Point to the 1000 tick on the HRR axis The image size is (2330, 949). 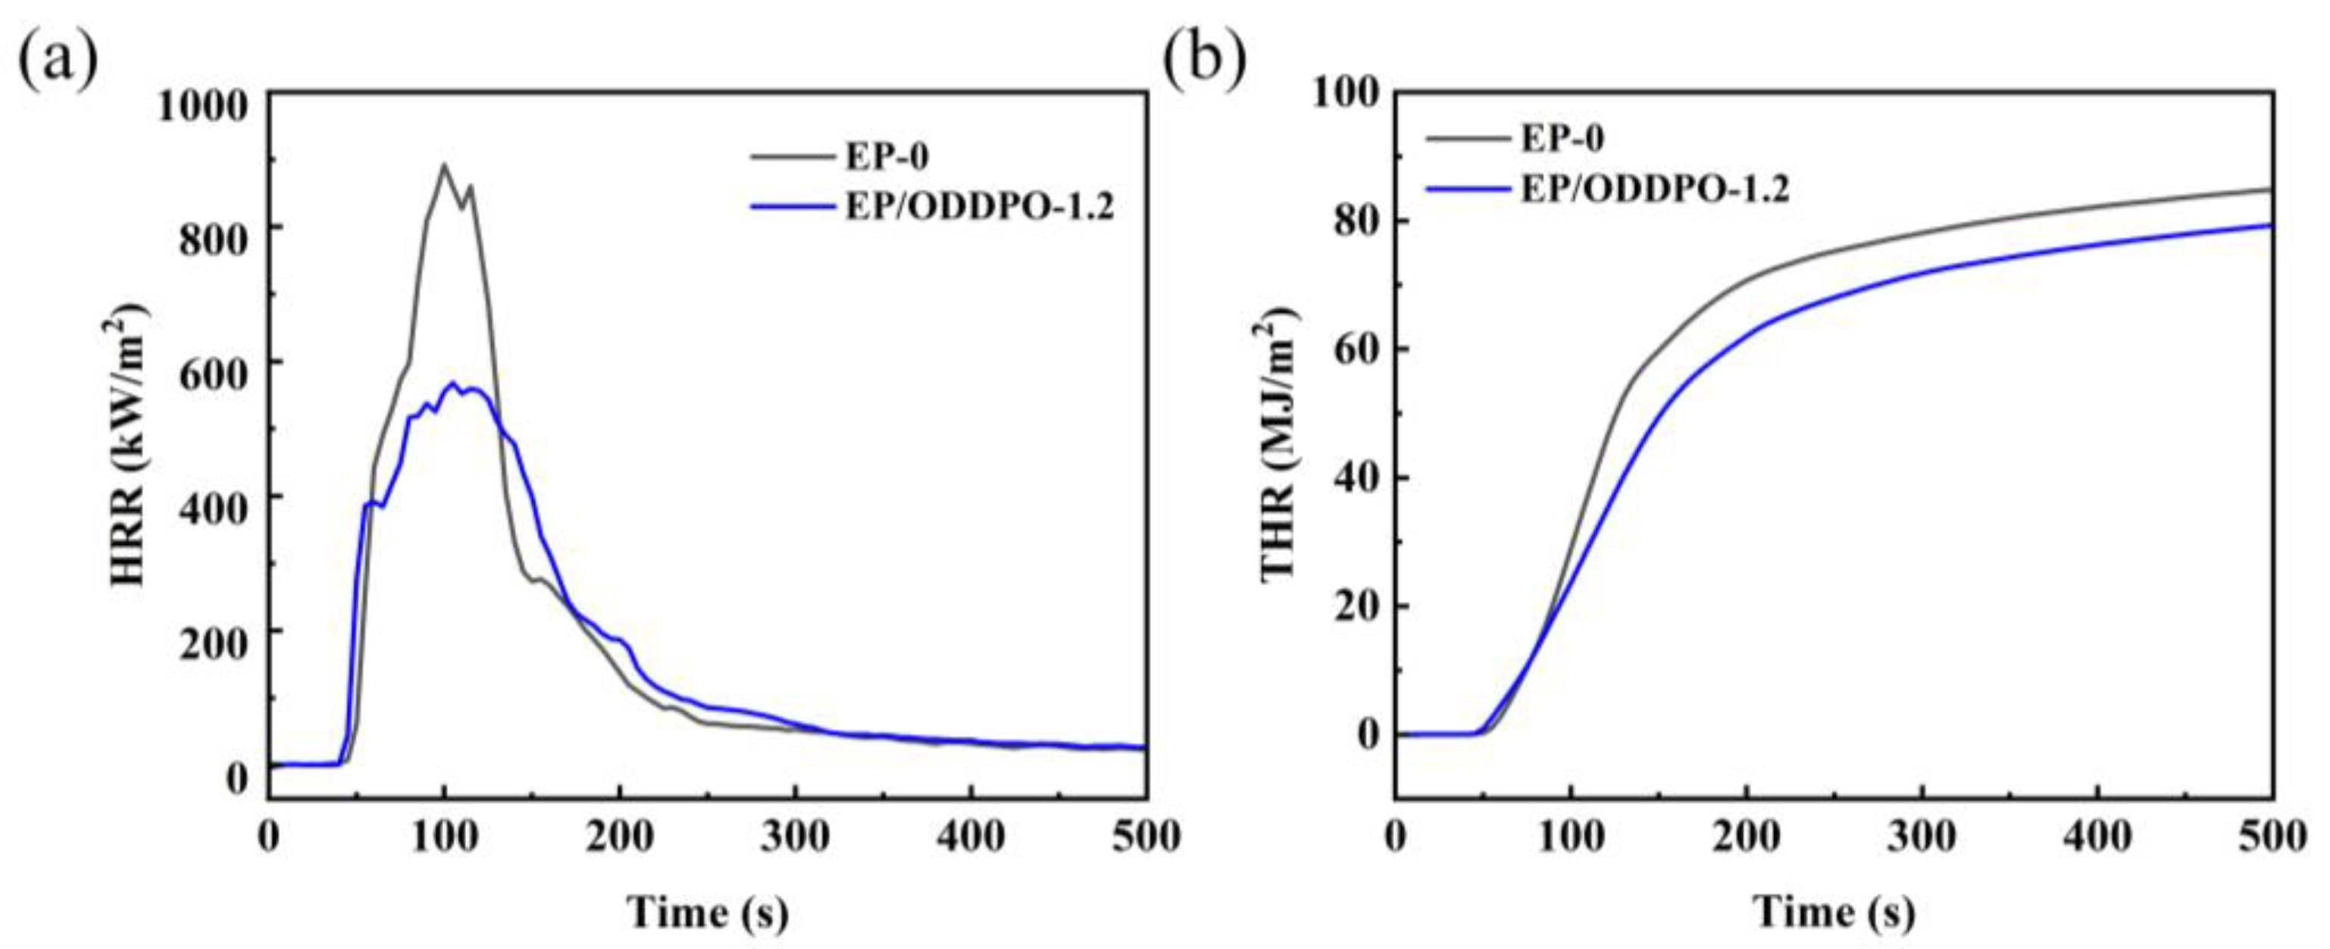tap(202, 107)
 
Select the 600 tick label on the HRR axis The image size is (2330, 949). tap(214, 374)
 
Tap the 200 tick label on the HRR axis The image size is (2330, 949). tap(214, 644)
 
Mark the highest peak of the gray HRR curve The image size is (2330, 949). tap(443, 164)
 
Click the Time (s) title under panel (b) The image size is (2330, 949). tap(1835, 911)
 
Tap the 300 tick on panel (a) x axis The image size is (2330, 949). tap(795, 836)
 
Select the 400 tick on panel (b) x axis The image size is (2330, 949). tap(2097, 836)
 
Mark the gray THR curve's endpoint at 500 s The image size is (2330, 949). tap(2271, 189)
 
